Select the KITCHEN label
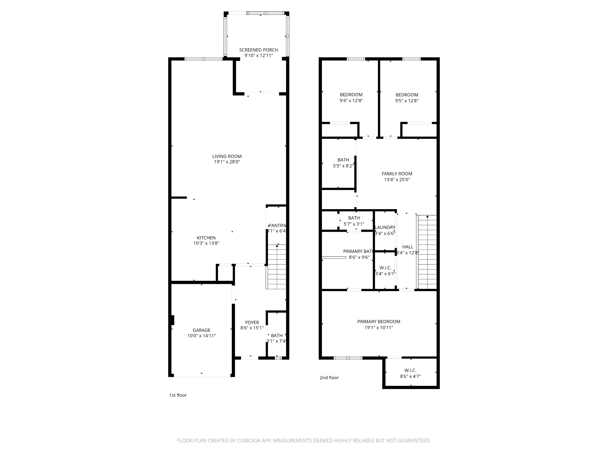click(x=206, y=238)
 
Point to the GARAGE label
click(x=201, y=330)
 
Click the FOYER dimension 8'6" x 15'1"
click(x=252, y=328)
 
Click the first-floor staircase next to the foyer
click(x=276, y=267)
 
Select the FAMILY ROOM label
click(x=397, y=174)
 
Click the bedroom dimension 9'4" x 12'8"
click(x=351, y=101)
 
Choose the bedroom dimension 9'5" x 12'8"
click(x=407, y=101)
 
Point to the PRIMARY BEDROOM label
click(x=379, y=322)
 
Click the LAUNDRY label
click(x=385, y=227)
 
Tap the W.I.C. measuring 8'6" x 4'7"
click(x=410, y=376)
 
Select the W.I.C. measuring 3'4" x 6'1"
click(x=385, y=273)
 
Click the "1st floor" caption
click(x=178, y=395)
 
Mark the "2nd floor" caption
click(x=329, y=378)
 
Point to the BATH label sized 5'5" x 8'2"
click(x=343, y=160)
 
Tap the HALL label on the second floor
click(x=407, y=247)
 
